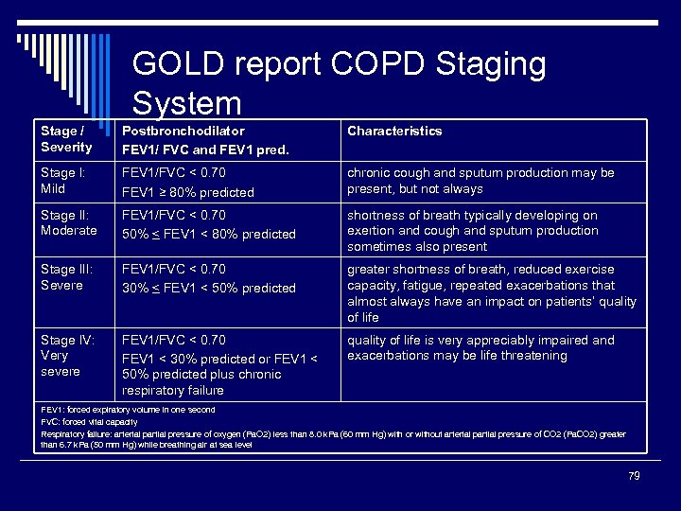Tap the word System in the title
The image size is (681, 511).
[x=187, y=102]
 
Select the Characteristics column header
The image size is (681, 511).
[x=394, y=132]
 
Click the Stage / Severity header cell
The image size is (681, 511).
[x=66, y=139]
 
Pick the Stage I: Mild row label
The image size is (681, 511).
[x=62, y=181]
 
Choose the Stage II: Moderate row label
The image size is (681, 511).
[x=68, y=223]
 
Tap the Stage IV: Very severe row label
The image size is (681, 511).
[x=67, y=356]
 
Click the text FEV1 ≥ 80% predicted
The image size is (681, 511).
[x=188, y=192]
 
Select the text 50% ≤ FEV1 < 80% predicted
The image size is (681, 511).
[x=209, y=234]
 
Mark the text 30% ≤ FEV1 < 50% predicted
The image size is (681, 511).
[x=209, y=288]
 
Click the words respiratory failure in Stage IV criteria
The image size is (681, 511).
[x=173, y=391]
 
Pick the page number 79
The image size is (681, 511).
[x=634, y=476]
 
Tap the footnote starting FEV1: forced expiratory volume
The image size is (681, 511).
[x=128, y=410]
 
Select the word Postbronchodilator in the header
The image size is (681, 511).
[x=183, y=132]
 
